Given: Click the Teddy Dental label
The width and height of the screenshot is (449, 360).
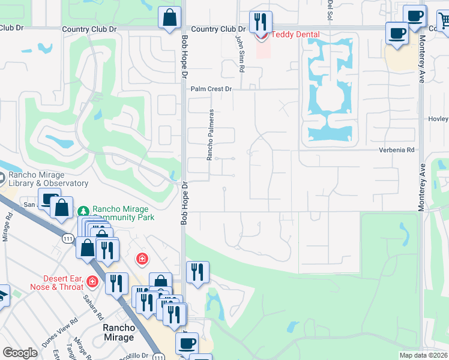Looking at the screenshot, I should click(295, 35).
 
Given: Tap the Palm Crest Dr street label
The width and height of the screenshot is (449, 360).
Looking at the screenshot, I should click(211, 89).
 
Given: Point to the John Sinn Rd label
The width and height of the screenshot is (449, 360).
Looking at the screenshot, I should click(241, 53).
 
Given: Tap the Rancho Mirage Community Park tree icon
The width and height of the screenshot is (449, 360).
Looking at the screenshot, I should click(83, 211).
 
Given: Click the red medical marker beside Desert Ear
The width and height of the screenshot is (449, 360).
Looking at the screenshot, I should click(92, 281).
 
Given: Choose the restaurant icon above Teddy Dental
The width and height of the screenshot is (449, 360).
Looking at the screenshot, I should click(260, 22).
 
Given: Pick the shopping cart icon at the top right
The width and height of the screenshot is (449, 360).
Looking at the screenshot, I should click(444, 22).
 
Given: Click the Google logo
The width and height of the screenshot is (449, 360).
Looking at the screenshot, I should click(20, 353).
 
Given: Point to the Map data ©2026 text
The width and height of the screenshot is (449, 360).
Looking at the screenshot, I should click(423, 355).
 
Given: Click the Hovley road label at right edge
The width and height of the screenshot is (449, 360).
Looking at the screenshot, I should click(438, 119).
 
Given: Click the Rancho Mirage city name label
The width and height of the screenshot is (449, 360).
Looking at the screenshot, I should click(119, 332).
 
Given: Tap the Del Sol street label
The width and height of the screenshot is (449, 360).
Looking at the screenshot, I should click(330, 8).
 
